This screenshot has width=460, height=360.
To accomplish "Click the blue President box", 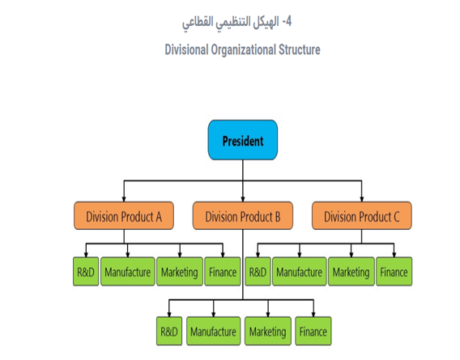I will [x=242, y=141].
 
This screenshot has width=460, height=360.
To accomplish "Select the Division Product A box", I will [x=124, y=216].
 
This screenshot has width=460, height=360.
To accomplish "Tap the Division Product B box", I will [x=243, y=216].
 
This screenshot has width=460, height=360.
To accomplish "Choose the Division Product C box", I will [x=361, y=216].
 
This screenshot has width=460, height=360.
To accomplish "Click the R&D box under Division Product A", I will [x=86, y=273].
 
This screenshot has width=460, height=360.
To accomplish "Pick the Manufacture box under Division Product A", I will [x=127, y=273].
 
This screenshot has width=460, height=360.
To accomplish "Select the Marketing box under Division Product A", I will [x=179, y=273].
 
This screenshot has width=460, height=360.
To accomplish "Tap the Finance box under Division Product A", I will [x=222, y=273].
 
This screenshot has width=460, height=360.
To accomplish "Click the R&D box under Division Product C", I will [x=258, y=273].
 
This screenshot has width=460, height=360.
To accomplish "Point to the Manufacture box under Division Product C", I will [x=299, y=273].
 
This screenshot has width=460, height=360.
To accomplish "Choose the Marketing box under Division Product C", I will [x=351, y=273].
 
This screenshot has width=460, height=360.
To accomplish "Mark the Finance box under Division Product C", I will [x=394, y=273].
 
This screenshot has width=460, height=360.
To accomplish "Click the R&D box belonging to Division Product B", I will [x=169, y=331].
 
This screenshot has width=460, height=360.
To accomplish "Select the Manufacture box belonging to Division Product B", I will [x=214, y=331].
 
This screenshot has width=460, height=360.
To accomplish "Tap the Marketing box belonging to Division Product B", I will [x=267, y=331].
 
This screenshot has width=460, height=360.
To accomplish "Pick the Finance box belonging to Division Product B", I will [x=313, y=331].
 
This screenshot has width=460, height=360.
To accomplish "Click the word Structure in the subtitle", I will [x=296, y=49].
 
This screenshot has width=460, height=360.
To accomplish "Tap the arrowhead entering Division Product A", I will [x=124, y=200].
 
